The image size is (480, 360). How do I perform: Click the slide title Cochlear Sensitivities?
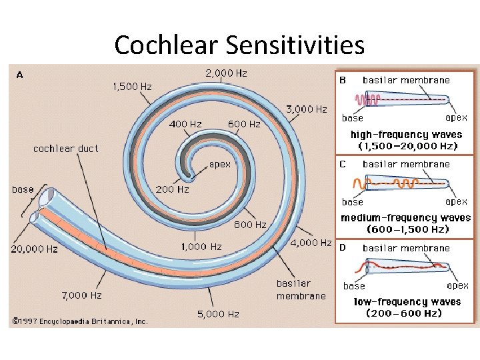(239, 45)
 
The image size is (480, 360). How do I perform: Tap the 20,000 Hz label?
(34, 249)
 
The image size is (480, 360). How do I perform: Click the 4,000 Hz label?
(311, 243)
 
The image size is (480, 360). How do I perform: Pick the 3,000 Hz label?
(306, 109)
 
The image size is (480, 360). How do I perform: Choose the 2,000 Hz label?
(227, 73)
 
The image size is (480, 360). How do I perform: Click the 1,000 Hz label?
(201, 247)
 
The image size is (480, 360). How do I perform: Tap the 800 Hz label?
(249, 225)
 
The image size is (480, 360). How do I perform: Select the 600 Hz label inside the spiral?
(244, 124)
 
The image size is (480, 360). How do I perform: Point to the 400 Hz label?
(185, 124)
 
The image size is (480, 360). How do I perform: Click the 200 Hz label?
(173, 189)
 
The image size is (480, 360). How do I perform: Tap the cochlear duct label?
(65, 149)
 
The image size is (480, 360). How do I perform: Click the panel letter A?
(19, 75)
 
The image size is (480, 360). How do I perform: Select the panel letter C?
(342, 163)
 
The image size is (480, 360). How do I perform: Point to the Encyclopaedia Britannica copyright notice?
(79, 321)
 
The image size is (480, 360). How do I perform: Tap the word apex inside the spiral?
(221, 163)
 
